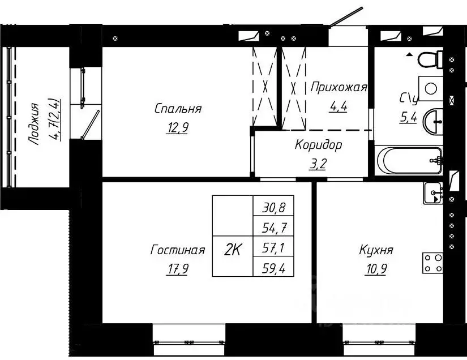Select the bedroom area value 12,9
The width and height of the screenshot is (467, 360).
click(178, 128)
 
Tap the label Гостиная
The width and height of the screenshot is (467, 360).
click(177, 250)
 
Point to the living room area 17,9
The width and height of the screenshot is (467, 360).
click(177, 269)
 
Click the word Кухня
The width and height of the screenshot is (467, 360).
click(376, 250)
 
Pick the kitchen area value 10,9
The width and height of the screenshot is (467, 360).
click(376, 269)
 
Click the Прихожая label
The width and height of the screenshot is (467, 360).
click(339, 87)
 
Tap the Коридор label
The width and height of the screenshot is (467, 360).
click(318, 145)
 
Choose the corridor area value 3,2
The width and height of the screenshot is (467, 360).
click(318, 164)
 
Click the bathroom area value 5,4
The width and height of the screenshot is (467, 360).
click(408, 119)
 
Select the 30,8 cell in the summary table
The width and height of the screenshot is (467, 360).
click(274, 207)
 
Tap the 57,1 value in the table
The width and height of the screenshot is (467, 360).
click(274, 247)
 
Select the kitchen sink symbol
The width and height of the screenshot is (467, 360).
click(433, 194)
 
